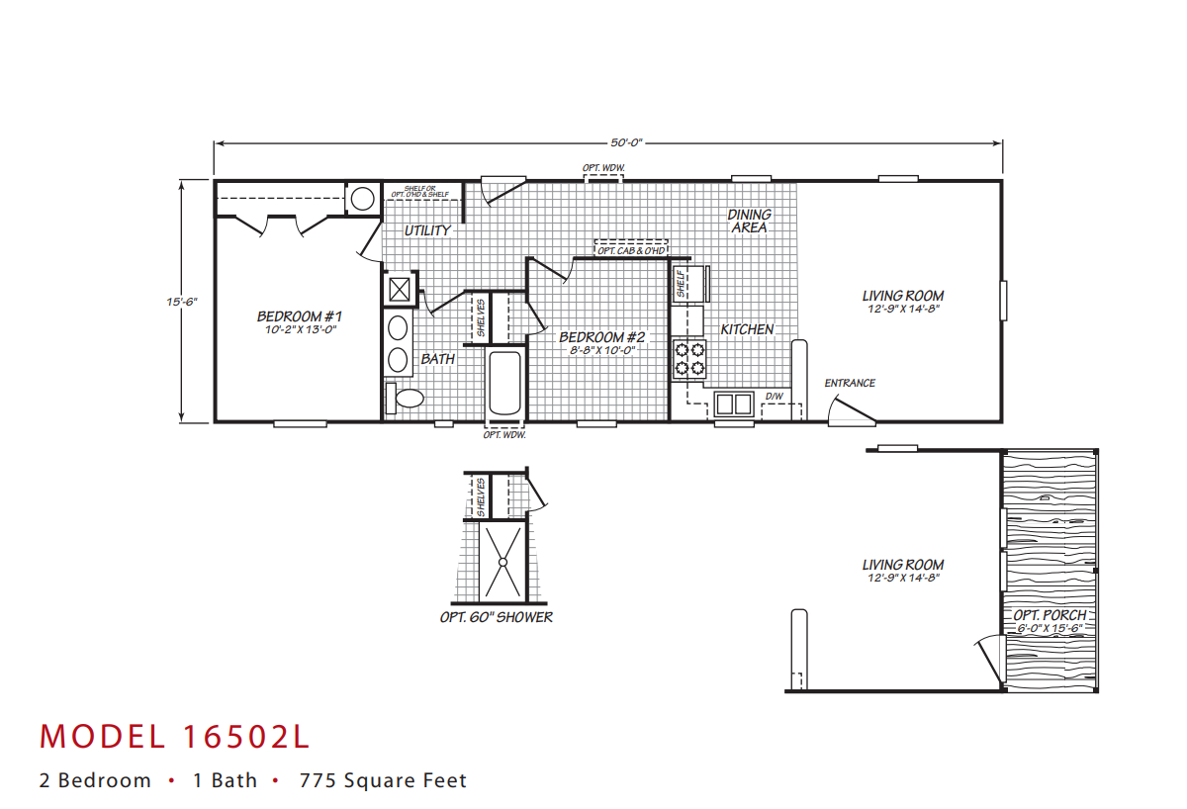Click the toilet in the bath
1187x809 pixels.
pos(405,398)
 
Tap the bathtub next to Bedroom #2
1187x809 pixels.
pos(504,383)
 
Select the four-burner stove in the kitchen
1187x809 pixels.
pos(689,359)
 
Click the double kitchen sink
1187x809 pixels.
pos(734,404)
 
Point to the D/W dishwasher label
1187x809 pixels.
pos(774,397)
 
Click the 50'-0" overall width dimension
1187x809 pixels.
pos(626,142)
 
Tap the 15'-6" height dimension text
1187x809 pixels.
pos(182,302)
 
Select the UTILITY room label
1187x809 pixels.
pos(427,230)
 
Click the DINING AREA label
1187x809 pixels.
pos(749,221)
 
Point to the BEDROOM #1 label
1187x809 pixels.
pos(300,316)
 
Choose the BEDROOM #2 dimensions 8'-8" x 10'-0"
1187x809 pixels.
pos(602,350)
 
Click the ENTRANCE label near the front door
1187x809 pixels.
pos(850,383)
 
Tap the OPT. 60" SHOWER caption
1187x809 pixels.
pos(496,617)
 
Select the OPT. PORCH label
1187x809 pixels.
pos(1050,615)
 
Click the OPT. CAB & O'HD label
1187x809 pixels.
pos(631,250)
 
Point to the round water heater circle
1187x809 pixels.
pos(362,199)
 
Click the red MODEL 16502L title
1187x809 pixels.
pos(174,737)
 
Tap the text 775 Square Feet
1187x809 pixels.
pos(383,780)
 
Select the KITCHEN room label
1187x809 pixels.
pos(747,329)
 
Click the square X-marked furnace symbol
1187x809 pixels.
pos(399,290)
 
